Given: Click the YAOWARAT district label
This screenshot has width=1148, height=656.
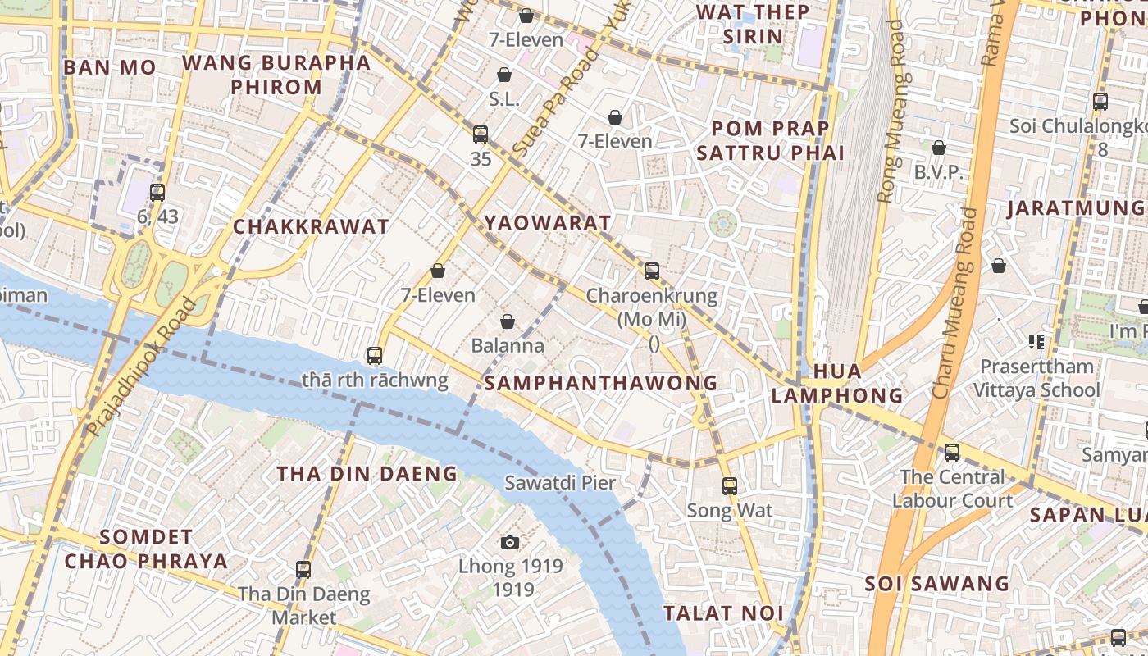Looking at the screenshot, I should point(547,223).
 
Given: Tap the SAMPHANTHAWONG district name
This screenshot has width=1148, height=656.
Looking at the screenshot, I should point(600,383).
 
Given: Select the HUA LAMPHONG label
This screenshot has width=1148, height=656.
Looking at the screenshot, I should point(836,384).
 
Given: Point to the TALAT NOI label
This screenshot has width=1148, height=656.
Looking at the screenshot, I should point(723,613).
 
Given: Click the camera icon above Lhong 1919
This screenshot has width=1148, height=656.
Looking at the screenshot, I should point(510,542).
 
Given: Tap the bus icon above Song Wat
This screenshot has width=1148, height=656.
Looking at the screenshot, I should point(730,485).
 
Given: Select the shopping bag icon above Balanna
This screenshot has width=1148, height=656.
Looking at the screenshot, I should point(508,321).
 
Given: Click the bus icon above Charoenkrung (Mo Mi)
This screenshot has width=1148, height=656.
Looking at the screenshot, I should point(652,271).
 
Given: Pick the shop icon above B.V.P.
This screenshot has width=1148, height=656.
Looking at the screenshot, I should point(939,148).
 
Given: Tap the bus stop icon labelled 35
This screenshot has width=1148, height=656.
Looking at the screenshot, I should point(481,134).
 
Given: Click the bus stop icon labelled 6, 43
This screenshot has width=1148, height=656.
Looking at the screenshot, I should point(157,193).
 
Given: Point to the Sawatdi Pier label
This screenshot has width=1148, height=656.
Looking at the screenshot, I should point(559,482).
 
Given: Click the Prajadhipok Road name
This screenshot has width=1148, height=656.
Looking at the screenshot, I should point(141,367).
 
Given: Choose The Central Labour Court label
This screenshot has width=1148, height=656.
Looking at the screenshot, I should point(952,489).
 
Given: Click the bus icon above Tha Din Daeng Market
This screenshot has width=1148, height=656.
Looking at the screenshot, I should point(303,569).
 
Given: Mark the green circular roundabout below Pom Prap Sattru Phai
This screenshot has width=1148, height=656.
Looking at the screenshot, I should point(722,223).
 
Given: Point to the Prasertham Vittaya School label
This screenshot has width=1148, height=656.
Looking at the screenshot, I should point(1036,378).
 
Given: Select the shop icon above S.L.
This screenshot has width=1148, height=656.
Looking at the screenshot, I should point(504,75).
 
